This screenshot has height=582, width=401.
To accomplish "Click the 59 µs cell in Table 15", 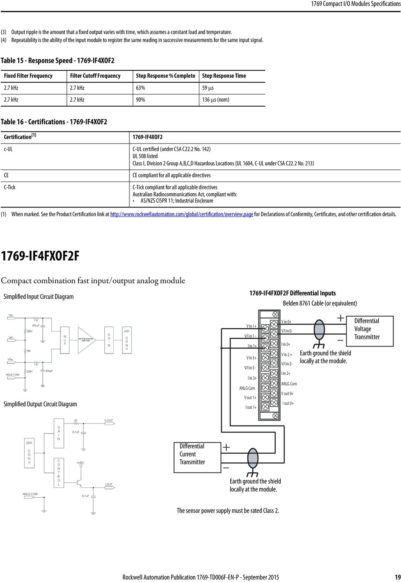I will (208, 88).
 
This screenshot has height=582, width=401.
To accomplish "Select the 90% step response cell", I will (140, 100).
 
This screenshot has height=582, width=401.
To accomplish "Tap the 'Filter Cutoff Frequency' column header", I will (95, 76).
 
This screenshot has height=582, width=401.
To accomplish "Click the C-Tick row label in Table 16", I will (10, 187).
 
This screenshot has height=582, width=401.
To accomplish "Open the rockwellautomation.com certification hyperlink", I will (181, 214).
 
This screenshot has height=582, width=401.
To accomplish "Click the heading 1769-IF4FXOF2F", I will (40, 256).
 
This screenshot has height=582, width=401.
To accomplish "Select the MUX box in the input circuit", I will (65, 340).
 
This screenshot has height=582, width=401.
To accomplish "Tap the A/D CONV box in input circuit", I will (127, 340).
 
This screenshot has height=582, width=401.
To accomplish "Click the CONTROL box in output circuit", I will (58, 472).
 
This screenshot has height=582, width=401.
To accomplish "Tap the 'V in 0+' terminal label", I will (286, 322).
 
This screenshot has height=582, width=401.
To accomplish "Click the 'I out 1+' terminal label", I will (251, 407).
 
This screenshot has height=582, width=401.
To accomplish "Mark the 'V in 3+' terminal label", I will (251, 358).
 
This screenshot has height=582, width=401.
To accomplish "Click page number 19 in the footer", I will (397, 577).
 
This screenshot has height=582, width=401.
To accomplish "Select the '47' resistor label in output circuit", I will (76, 421).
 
